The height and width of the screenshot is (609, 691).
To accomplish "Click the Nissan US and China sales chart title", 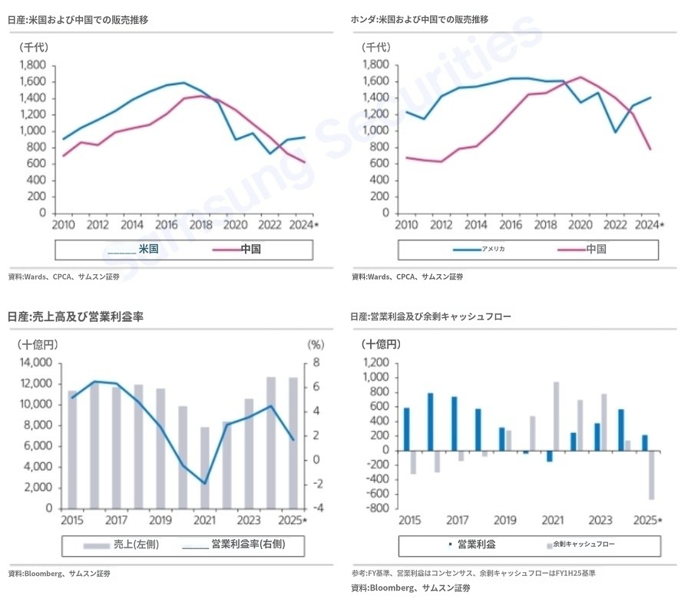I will pos(78,19).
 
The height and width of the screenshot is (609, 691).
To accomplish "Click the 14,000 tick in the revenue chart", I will pos(36,362).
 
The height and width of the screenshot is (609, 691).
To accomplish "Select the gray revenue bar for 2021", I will pos(205,468).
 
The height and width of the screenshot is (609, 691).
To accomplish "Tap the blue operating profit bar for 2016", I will pos(430,422).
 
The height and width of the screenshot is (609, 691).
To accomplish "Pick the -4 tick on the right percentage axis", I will pos(315,508).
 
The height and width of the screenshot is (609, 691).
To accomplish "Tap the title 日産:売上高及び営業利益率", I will pos(76,316).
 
